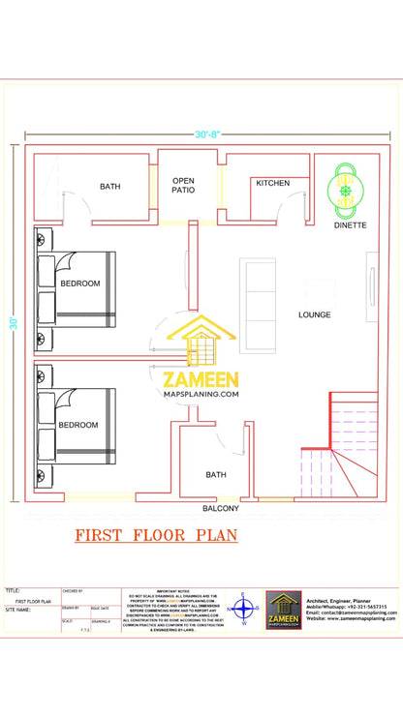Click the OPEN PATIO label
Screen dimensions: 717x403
[183, 186]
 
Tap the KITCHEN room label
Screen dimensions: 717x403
[272, 183]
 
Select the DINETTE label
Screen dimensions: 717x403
[350, 225]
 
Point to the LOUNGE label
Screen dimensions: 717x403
[315, 314]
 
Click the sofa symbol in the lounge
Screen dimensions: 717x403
[258, 292]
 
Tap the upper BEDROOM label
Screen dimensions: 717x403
[79, 284]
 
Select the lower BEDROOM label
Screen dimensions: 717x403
[77, 425]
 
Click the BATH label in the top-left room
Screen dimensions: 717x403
[109, 187]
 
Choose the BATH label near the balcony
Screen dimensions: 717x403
[215, 474]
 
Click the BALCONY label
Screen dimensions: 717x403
[220, 508]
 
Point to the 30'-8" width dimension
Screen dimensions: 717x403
[209, 135]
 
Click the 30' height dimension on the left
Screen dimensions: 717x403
[15, 322]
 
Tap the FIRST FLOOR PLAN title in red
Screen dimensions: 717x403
[156, 535]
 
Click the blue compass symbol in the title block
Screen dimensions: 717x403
[244, 611]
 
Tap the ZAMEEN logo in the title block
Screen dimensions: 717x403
[284, 611]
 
